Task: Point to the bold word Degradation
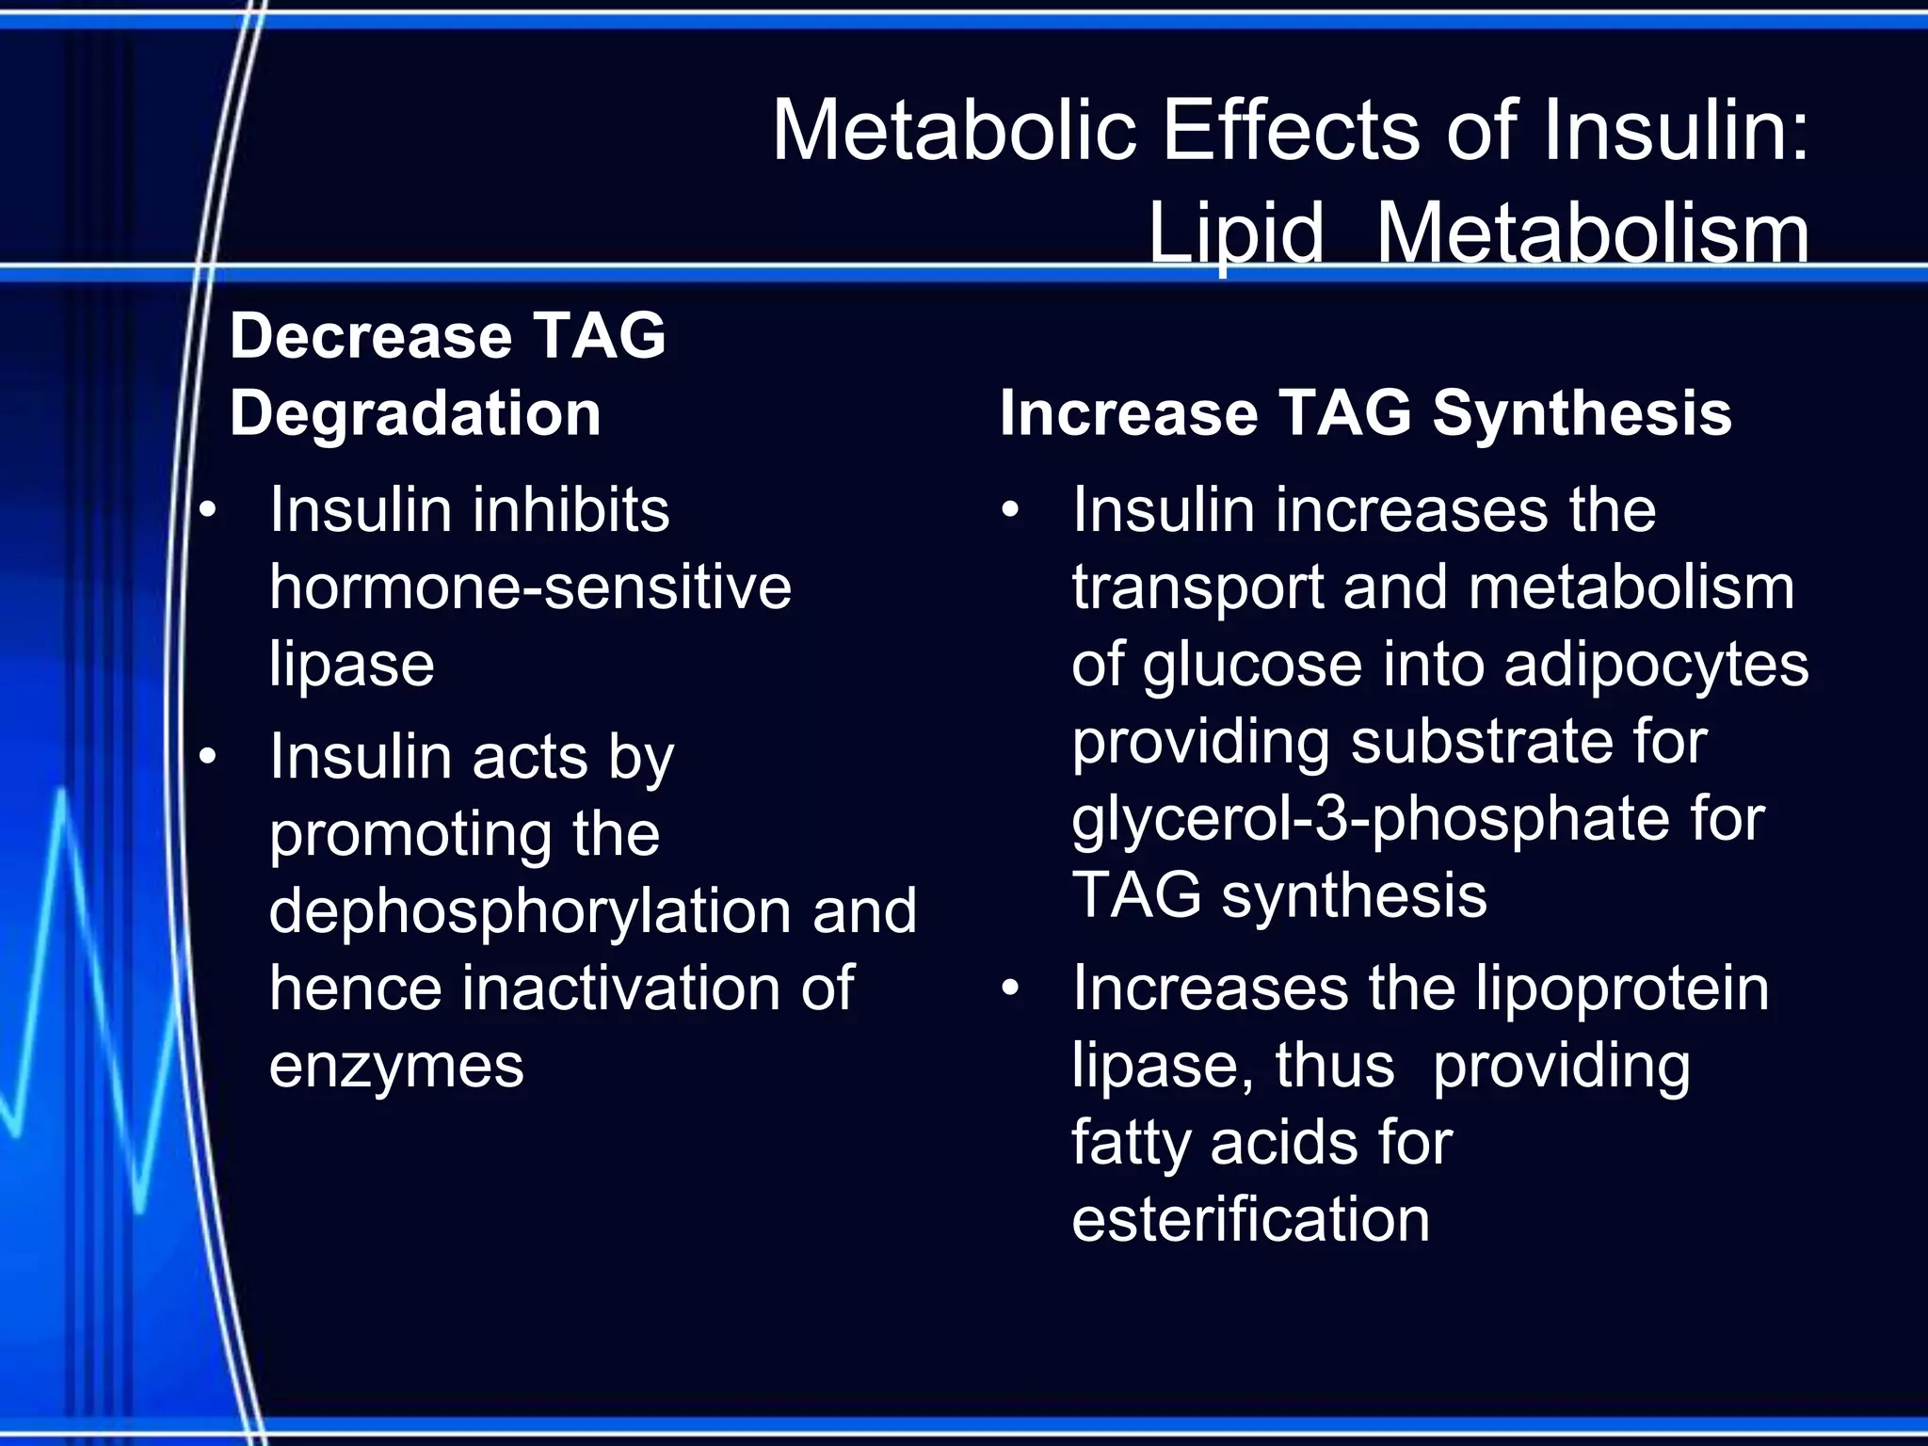(415, 413)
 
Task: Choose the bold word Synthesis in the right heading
(1582, 413)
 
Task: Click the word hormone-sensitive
(530, 587)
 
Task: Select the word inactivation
(620, 988)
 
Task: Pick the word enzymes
(396, 1066)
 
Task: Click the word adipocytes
(1656, 665)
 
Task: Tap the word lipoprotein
(1621, 988)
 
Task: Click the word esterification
(1251, 1220)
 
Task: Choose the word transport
(1197, 587)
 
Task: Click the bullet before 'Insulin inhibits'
(208, 510)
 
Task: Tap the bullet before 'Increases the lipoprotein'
(1011, 988)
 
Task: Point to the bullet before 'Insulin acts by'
(208, 756)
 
